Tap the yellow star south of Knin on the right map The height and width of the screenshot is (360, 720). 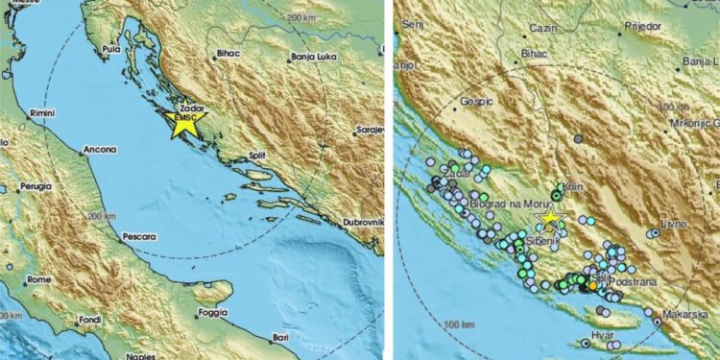click(550, 220)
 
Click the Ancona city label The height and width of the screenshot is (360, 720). click(100, 150)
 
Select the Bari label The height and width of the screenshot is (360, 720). click(280, 337)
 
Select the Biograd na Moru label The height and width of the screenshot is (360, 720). click(509, 203)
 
